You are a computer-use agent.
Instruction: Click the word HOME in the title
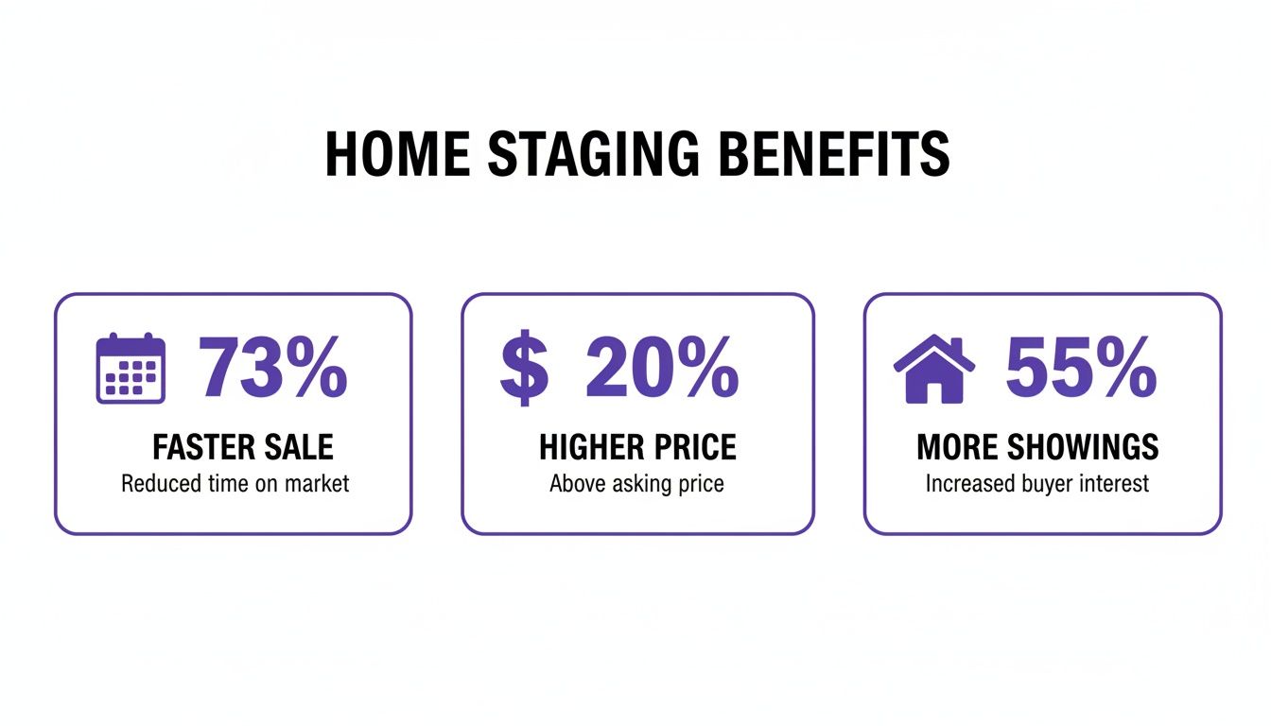click(394, 155)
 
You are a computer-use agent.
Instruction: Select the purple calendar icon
click(131, 369)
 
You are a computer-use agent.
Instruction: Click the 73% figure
click(273, 369)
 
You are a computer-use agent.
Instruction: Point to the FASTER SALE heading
click(243, 446)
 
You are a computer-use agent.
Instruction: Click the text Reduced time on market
click(235, 484)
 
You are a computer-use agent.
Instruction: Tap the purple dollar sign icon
click(524, 369)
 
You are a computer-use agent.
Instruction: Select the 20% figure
click(662, 369)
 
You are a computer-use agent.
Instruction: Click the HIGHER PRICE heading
click(637, 446)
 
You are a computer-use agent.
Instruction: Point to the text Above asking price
click(636, 484)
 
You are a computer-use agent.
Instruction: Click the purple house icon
click(933, 369)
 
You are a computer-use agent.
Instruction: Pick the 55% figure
click(1081, 369)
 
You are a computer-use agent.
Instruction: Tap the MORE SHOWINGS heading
click(1037, 446)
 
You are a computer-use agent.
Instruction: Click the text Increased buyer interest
click(1037, 484)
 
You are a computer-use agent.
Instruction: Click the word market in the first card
click(315, 484)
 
